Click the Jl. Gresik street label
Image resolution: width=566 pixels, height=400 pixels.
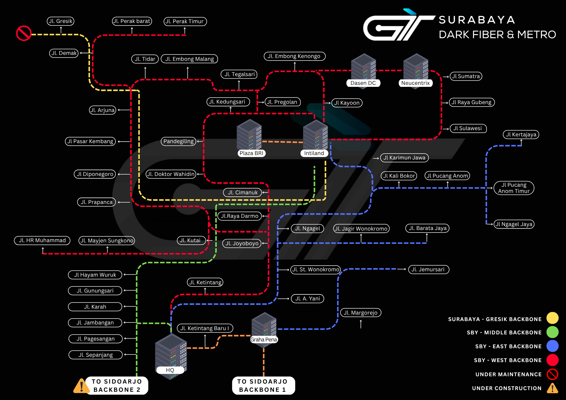click(x=61, y=21)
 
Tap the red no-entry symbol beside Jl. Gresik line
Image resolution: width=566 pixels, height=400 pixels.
click(x=24, y=33)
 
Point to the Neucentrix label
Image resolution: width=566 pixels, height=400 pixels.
click(x=415, y=83)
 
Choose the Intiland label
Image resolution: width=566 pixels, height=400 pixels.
click(x=314, y=153)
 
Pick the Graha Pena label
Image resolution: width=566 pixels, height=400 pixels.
click(x=264, y=339)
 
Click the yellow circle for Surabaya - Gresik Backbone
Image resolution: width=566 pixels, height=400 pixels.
click(x=552, y=318)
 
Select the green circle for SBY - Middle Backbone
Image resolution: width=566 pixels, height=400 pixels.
click(x=552, y=332)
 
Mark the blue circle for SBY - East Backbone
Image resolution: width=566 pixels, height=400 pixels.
click(x=552, y=346)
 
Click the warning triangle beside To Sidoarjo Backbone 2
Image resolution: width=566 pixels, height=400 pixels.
click(x=81, y=386)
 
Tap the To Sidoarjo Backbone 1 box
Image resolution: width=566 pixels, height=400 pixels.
click(x=263, y=386)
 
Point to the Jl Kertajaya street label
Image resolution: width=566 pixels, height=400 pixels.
click(x=521, y=135)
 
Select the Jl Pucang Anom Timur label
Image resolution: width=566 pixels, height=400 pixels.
click(x=514, y=188)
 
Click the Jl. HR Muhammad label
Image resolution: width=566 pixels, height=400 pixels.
click(x=42, y=240)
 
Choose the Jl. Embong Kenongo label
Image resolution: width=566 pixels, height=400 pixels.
click(x=294, y=56)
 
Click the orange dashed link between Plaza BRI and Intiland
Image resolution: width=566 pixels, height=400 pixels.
click(x=282, y=142)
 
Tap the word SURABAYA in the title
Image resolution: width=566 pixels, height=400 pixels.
click(x=477, y=20)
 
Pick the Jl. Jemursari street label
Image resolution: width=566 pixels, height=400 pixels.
click(x=428, y=270)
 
